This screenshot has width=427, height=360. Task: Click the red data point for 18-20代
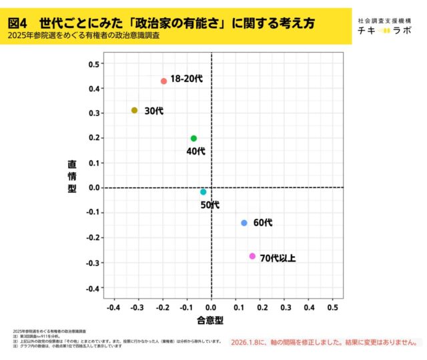pyautogui.click(x=163, y=81)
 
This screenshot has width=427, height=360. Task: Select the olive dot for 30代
pyautogui.click(x=134, y=111)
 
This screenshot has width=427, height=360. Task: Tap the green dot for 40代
pyautogui.click(x=193, y=139)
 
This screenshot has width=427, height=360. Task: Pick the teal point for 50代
pyautogui.click(x=203, y=192)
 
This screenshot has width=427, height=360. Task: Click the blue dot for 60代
pyautogui.click(x=244, y=223)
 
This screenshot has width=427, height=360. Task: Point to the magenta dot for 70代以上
pyautogui.click(x=252, y=256)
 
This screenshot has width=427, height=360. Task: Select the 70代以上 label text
pyautogui.click(x=277, y=258)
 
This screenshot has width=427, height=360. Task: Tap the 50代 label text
pyautogui.click(x=210, y=205)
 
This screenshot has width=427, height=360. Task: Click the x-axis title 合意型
pyautogui.click(x=209, y=320)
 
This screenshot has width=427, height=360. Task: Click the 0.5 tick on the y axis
pyautogui.click(x=94, y=64)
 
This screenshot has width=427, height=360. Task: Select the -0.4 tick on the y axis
pyautogui.click(x=93, y=288)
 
